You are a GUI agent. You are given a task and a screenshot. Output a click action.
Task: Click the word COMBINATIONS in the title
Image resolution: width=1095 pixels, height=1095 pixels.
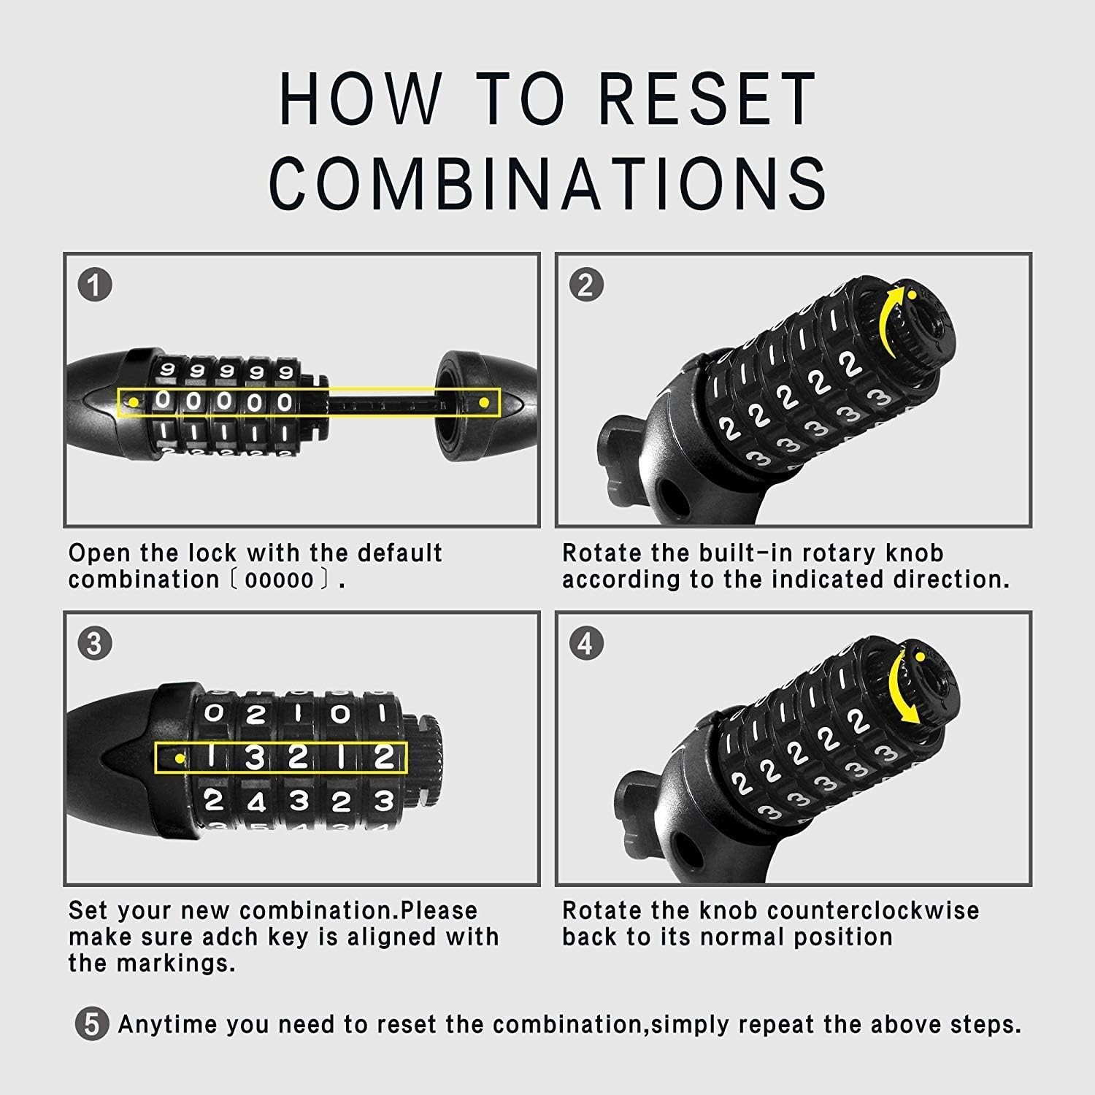pyautogui.click(x=548, y=182)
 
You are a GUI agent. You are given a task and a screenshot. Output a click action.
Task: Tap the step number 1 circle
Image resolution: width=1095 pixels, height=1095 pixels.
pyautogui.click(x=95, y=285)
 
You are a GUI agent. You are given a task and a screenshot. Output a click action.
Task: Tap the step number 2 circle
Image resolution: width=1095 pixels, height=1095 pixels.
pyautogui.click(x=585, y=285)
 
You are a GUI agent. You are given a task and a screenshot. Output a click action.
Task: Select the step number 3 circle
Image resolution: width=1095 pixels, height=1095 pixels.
pyautogui.click(x=95, y=644)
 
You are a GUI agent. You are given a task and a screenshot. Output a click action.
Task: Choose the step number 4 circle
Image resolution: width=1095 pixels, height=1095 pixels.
pyautogui.click(x=585, y=644)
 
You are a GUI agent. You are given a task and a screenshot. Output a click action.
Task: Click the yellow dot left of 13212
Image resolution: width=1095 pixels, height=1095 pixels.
pyautogui.click(x=180, y=759)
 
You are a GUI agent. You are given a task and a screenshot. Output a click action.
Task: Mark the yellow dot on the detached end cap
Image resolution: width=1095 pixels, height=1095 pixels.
pyautogui.click(x=483, y=402)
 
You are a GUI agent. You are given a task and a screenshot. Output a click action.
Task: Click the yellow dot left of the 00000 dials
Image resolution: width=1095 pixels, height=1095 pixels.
pyautogui.click(x=134, y=402)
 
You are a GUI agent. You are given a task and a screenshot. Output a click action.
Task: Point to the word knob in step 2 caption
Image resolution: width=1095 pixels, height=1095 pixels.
pyautogui.click(x=912, y=553)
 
